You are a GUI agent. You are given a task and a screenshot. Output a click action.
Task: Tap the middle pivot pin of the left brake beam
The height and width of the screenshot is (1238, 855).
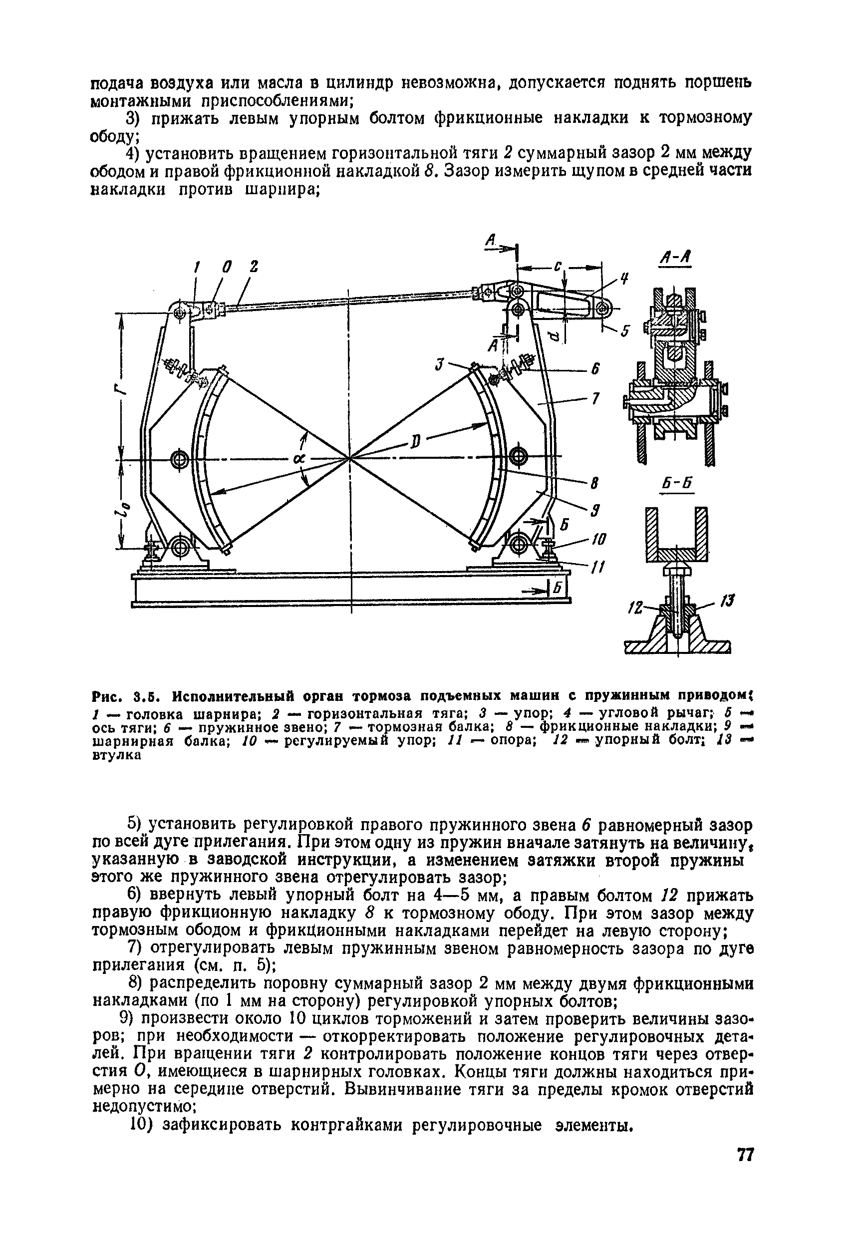click(178, 459)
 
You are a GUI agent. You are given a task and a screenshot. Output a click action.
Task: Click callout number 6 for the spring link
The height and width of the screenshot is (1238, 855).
click(594, 369)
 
